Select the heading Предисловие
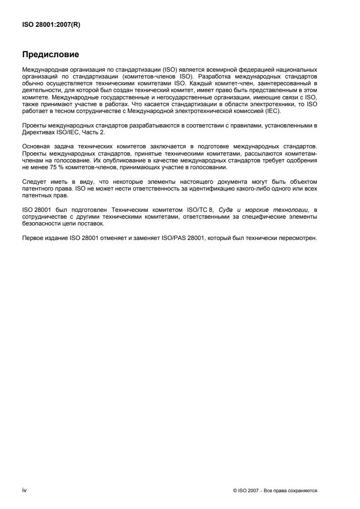[x=50, y=55]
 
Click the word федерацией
[x=264, y=69]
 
